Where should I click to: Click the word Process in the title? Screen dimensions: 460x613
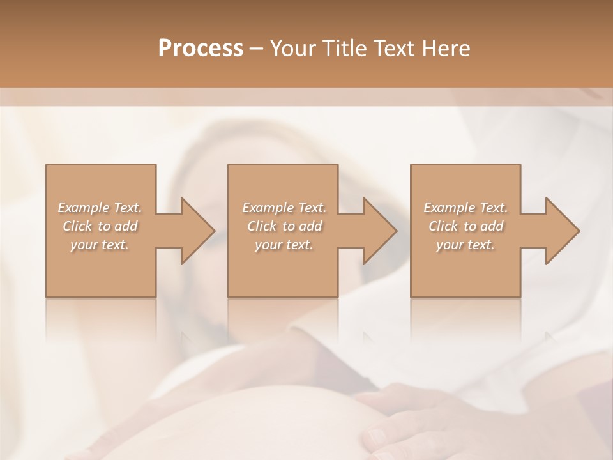201,49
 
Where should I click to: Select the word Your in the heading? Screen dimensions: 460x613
291,49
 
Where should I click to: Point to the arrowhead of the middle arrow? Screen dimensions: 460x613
379,231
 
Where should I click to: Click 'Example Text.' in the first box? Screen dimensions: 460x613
100,208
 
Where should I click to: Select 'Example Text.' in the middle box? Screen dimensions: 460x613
284,208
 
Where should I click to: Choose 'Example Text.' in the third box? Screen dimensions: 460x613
465,208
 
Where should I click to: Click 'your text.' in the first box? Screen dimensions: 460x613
100,245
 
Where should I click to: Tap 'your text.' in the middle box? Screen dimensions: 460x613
284,245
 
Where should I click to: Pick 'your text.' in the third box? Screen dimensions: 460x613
465,245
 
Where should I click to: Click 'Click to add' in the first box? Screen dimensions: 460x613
100,226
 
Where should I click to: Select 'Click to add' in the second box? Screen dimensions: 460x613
284,226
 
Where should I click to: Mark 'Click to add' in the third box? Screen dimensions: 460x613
465,226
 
